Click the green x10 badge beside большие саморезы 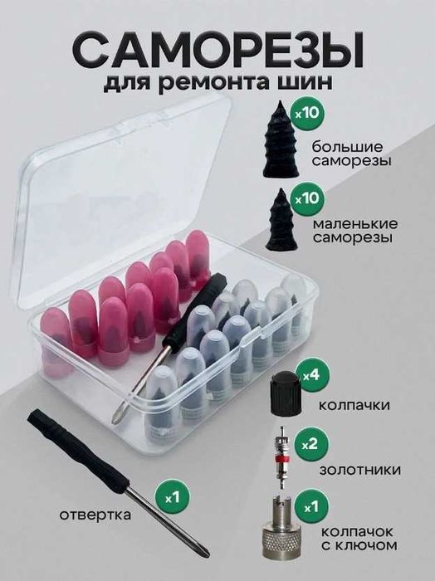(x=307, y=112)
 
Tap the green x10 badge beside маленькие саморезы (x=307, y=199)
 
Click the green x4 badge (x=310, y=377)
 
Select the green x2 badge (x=310, y=444)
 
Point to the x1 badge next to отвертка (x=173, y=498)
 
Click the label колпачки (x=354, y=405)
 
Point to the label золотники (x=360, y=470)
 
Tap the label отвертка (x=95, y=515)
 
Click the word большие (x=347, y=147)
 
